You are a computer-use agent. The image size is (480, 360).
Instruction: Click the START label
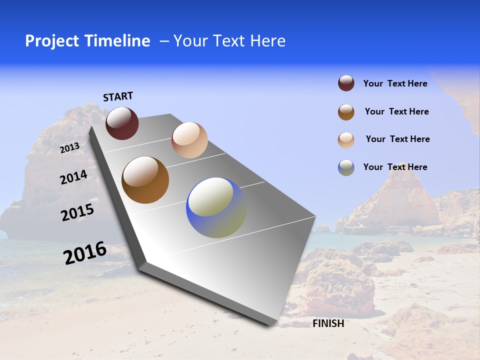pyautogui.click(x=118, y=96)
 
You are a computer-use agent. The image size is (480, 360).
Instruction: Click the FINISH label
pyautogui.click(x=328, y=323)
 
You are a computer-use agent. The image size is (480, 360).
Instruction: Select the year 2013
pyautogui.click(x=70, y=147)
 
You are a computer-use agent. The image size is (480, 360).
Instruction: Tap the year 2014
pyautogui.click(x=73, y=177)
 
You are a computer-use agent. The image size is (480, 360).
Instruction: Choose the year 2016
pyautogui.click(x=85, y=253)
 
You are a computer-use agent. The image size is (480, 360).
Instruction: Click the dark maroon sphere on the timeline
pyautogui.click(x=122, y=123)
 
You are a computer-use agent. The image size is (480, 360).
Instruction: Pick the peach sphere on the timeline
pyautogui.click(x=189, y=140)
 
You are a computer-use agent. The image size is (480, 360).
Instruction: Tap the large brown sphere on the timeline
pyautogui.click(x=145, y=180)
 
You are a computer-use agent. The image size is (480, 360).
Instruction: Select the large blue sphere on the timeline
pyautogui.click(x=216, y=207)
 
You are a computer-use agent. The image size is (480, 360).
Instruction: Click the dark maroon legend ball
pyautogui.click(x=346, y=83)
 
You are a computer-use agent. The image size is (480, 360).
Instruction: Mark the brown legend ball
pyautogui.click(x=346, y=112)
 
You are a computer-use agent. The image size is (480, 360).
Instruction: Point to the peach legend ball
pyautogui.click(x=346, y=140)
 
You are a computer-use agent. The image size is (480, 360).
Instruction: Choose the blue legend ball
pyautogui.click(x=346, y=167)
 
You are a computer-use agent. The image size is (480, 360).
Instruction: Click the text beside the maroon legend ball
pyautogui.click(x=395, y=83)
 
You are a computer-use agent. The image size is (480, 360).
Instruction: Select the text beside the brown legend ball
pyautogui.click(x=396, y=111)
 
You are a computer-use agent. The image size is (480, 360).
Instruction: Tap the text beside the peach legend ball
pyautogui.click(x=397, y=139)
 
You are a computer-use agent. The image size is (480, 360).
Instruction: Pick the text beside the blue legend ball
pyautogui.click(x=395, y=167)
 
